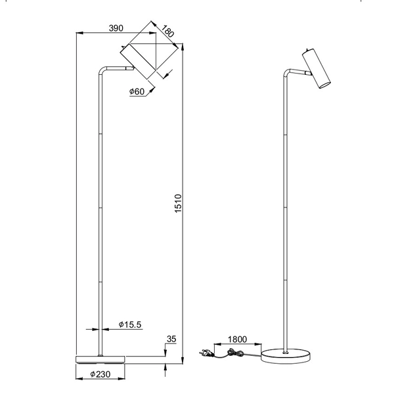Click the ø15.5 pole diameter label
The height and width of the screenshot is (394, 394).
(130, 324)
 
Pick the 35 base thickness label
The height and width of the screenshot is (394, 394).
(172, 339)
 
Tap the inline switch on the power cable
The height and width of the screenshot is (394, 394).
(231, 353)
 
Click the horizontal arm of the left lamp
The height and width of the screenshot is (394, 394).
(115, 68)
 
